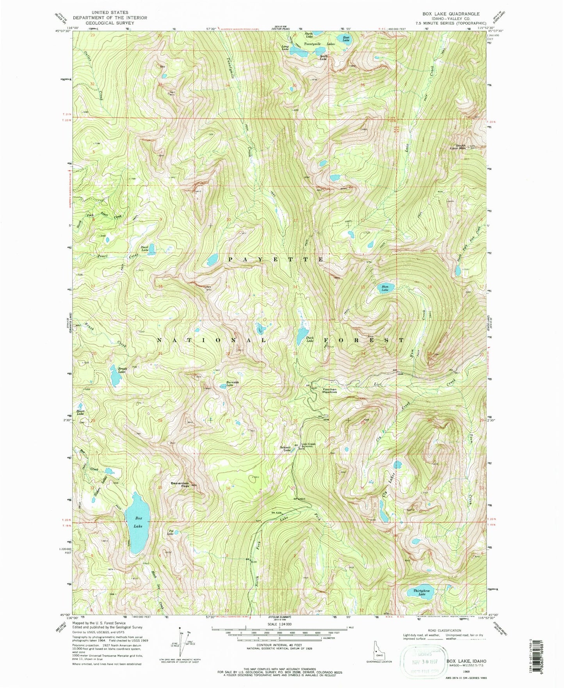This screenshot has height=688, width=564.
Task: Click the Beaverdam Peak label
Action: [180, 484]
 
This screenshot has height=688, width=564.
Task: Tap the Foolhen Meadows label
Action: [329, 390]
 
